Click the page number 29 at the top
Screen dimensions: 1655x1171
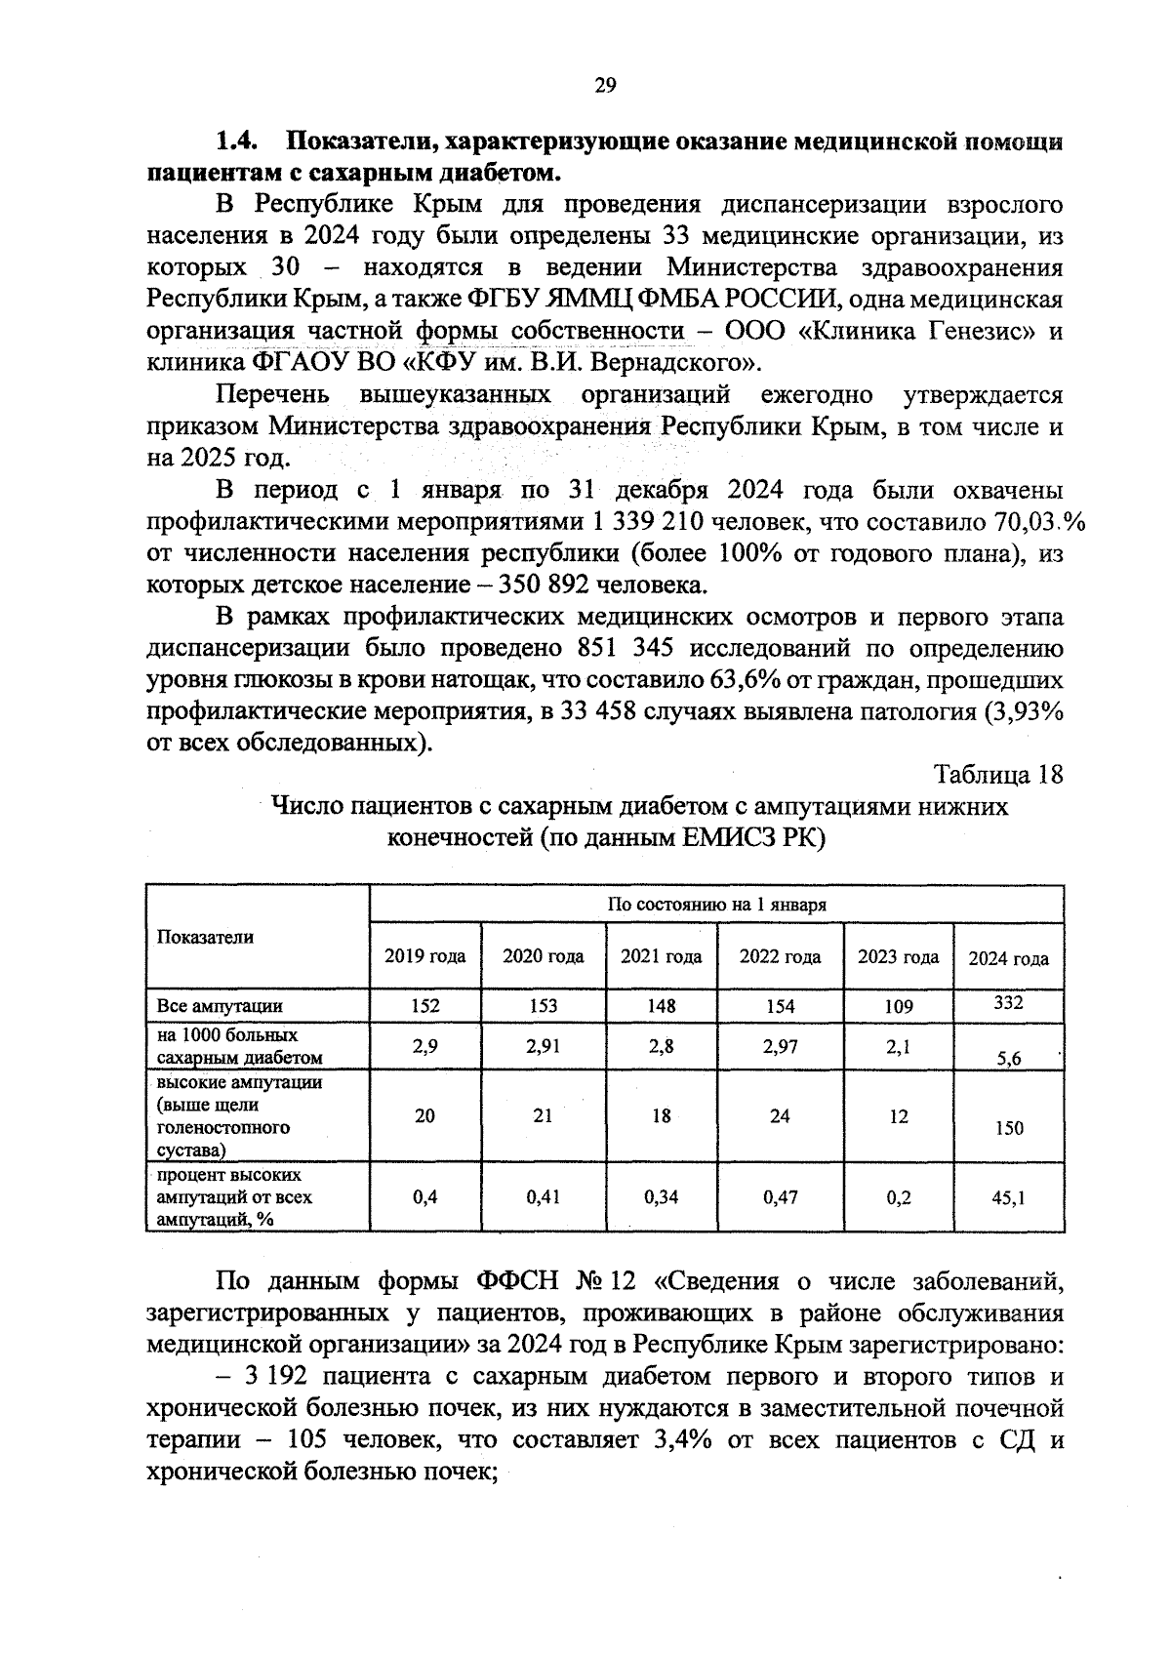click(605, 87)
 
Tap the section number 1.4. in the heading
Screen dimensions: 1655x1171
click(235, 142)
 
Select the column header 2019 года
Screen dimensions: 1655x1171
click(424, 956)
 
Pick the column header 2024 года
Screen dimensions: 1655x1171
click(1008, 958)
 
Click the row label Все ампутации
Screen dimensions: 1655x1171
click(220, 1006)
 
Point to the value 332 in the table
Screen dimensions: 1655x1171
click(1008, 1002)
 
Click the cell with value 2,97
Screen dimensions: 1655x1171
click(779, 1046)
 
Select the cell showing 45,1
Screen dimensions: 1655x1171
click(1008, 1196)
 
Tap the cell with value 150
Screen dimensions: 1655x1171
click(1009, 1128)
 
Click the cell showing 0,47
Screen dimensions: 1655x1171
click(779, 1196)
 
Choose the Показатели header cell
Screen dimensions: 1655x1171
click(205, 937)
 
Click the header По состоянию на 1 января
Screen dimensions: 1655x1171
click(716, 904)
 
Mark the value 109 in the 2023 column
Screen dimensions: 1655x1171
click(898, 1006)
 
